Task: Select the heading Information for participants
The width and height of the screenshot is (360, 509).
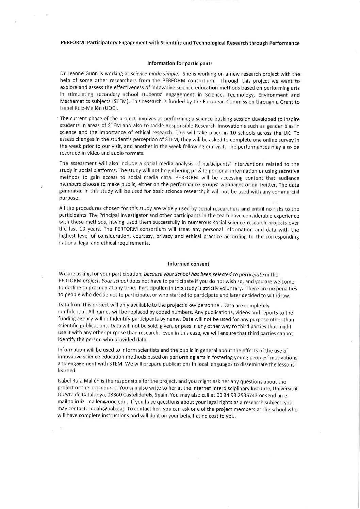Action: [180, 63]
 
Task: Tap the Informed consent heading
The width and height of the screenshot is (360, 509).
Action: [189, 264]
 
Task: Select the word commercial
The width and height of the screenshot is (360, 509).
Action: [282, 192]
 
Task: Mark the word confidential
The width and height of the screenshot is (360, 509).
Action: [72, 312]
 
